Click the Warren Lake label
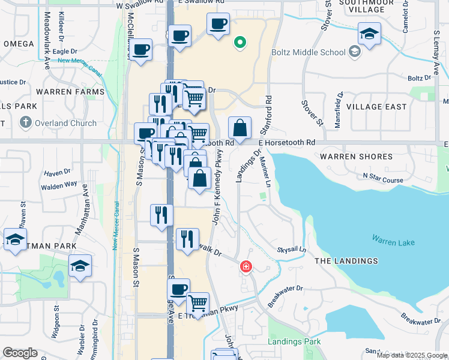click(x=393, y=242)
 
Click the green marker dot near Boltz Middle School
click(x=240, y=43)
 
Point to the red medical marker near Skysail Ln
click(x=246, y=266)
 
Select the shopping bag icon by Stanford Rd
click(x=240, y=127)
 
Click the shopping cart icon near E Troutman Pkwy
click(x=197, y=303)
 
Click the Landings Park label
click(x=295, y=342)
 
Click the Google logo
click(x=20, y=353)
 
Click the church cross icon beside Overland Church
click(x=25, y=123)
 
